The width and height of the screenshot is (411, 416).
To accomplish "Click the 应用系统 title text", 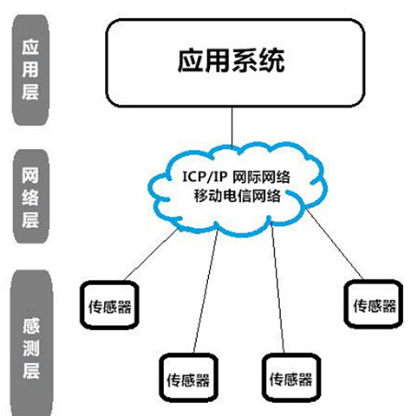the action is coord(232,61).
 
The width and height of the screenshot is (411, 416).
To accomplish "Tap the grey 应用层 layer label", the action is coord(30,70).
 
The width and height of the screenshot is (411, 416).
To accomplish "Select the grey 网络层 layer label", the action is coord(31,196).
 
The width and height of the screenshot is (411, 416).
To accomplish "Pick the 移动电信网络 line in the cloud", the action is coord(238,196).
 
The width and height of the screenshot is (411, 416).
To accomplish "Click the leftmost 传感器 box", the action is coord(109,305).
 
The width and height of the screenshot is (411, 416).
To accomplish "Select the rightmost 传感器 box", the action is coord(374,304).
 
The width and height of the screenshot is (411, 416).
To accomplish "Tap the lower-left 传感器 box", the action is coord(189,378).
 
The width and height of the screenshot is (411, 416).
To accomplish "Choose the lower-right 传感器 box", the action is coord(291,378).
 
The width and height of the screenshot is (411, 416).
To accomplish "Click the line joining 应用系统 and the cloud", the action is coord(232,127).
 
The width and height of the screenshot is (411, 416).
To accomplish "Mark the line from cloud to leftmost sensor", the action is coord(151,255).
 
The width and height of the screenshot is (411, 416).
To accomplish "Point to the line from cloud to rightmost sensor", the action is coord(335,244).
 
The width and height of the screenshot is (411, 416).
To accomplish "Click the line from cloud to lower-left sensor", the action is coord(205,291).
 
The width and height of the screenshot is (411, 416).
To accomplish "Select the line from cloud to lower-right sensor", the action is coord(277,289).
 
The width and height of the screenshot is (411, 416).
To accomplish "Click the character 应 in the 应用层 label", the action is coord(30,48).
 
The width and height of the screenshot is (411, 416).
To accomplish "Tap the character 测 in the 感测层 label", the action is coord(31,348).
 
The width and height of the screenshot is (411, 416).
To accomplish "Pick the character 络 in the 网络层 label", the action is coord(30,198).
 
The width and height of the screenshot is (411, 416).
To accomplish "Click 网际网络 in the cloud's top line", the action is coord(261,177).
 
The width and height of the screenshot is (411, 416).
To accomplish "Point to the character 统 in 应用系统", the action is coord(272,61).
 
